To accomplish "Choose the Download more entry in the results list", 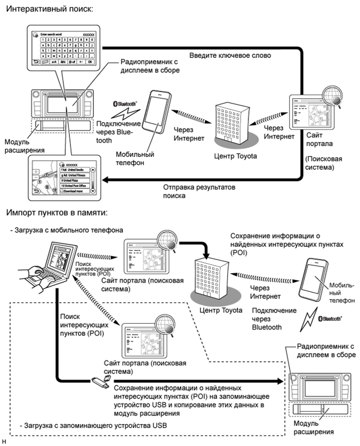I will (x=75, y=192).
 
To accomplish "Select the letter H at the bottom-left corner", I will (x=4, y=441).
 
